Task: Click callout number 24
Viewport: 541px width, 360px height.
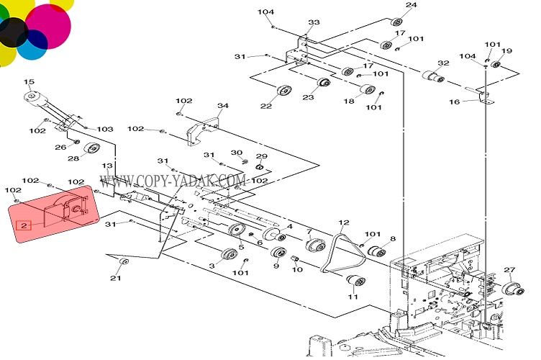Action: (x=412, y=6)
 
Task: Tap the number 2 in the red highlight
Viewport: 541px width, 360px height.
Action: (x=25, y=225)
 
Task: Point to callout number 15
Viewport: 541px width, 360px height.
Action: (x=29, y=82)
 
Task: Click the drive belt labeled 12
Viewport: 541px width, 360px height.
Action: (x=337, y=252)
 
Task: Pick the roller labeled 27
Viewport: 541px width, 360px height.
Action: (x=513, y=289)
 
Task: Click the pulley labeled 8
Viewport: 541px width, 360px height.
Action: (x=376, y=252)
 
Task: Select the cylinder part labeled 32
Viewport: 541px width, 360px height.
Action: (x=429, y=75)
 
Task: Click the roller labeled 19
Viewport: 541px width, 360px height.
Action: (x=496, y=66)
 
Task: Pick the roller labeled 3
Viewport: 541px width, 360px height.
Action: (x=228, y=255)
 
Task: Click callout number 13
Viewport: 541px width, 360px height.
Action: (x=107, y=166)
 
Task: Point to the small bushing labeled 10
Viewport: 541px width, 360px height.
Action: (x=294, y=258)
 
